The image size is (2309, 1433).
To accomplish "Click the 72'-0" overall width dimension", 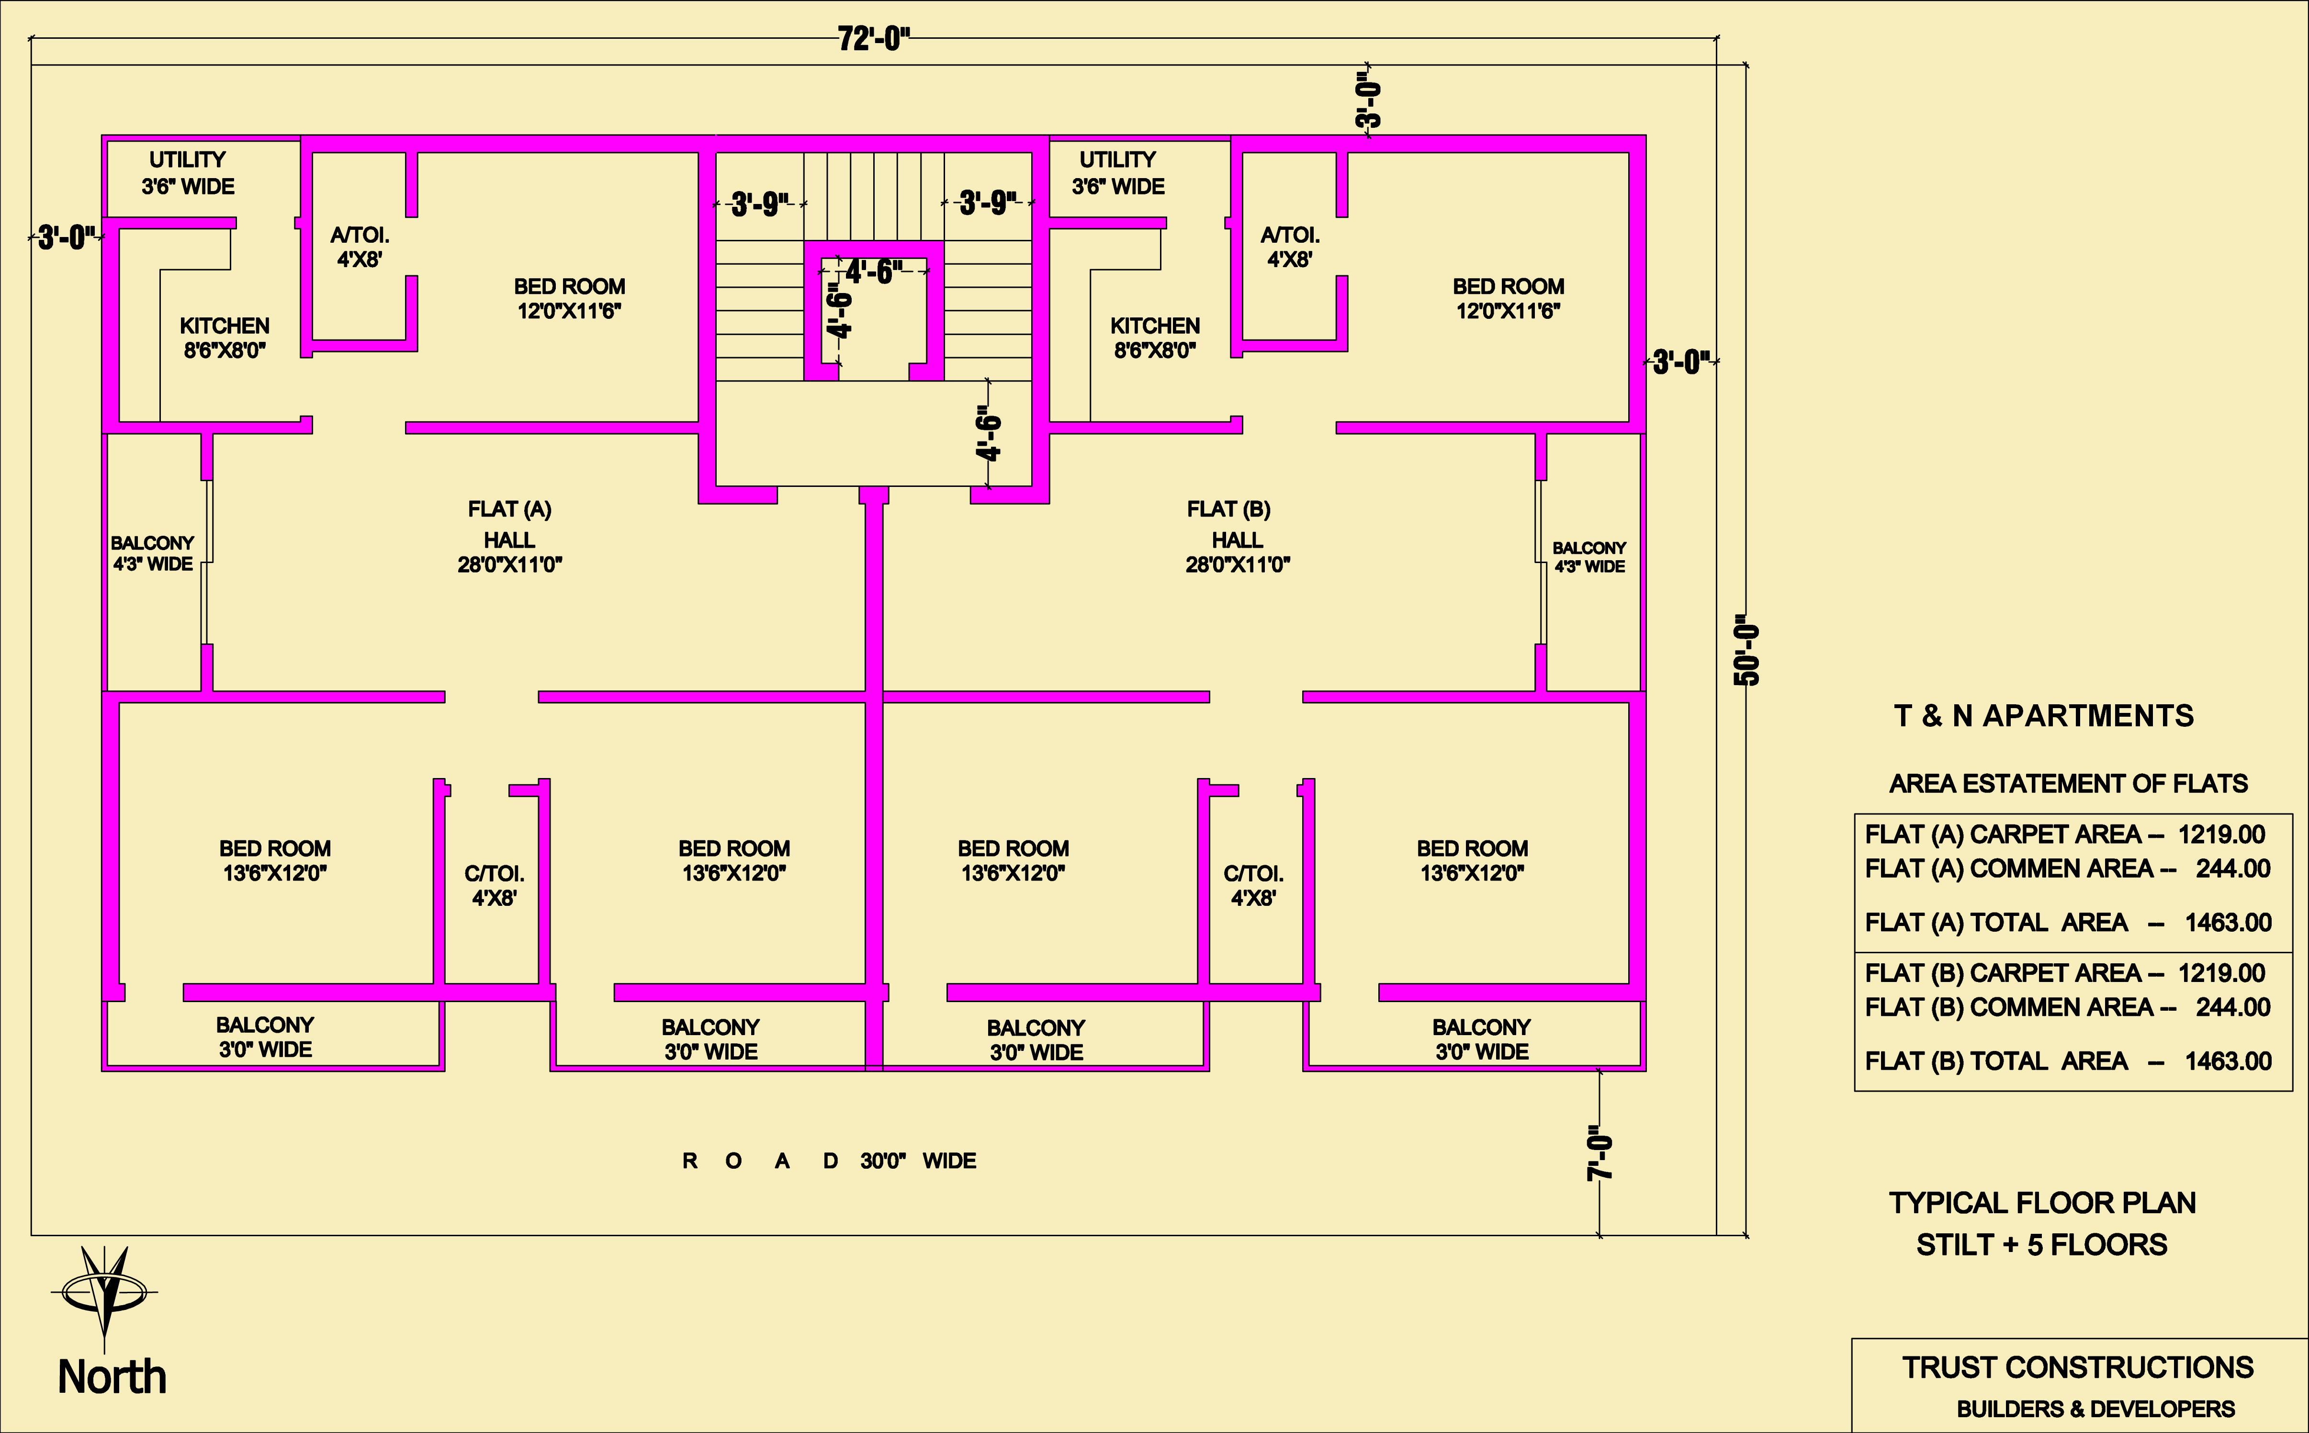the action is (x=874, y=39).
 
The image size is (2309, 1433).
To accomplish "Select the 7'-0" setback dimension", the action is (x=1599, y=1152).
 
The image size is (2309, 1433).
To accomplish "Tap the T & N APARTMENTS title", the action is (x=2044, y=716).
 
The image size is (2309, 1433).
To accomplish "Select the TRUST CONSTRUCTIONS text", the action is (x=2078, y=1367).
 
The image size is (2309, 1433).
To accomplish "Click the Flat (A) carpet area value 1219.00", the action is (x=2221, y=835).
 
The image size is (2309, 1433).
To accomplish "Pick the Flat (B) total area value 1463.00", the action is (x=2228, y=1061).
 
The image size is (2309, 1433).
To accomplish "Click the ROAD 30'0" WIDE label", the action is (x=829, y=1161).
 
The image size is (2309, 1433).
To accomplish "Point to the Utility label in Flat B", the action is (x=1118, y=159).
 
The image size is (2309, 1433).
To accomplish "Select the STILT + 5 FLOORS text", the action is (x=2042, y=1244).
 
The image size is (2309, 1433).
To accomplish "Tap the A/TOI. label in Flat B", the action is (x=1290, y=235).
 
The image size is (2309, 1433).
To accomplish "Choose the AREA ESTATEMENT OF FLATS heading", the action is (x=2068, y=784).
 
